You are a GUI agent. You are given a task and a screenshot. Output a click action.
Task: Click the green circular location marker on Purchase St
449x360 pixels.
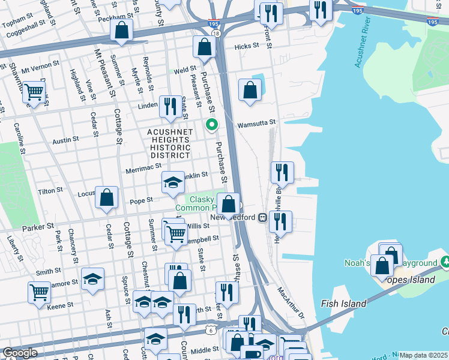pyautogui.click(x=212, y=125)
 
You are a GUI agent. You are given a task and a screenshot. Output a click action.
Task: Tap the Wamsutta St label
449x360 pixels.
pyautogui.click(x=256, y=122)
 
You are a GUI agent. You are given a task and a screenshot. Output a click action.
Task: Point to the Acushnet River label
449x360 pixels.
pyautogui.click(x=366, y=41)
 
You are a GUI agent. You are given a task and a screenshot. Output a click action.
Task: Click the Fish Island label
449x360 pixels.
pyautogui.click(x=343, y=304)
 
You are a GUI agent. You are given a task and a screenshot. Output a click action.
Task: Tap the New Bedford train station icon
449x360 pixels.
pyautogui.click(x=263, y=217)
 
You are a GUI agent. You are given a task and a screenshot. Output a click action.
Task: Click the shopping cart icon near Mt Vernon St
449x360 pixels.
pyautogui.click(x=34, y=92)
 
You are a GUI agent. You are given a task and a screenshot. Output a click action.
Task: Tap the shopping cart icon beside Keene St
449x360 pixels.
pyautogui.click(x=39, y=292)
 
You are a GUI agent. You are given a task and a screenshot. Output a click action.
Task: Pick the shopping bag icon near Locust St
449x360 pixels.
pyautogui.click(x=107, y=197)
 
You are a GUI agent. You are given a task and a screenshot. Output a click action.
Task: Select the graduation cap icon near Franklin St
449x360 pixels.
pyautogui.click(x=173, y=182)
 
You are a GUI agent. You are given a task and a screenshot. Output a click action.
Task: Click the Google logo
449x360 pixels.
pyautogui.click(x=20, y=353)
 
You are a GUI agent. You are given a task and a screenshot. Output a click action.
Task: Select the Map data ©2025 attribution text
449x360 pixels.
pyautogui.click(x=423, y=355)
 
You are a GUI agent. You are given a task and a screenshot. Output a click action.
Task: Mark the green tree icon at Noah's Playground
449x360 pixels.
pyautogui.click(x=445, y=262)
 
